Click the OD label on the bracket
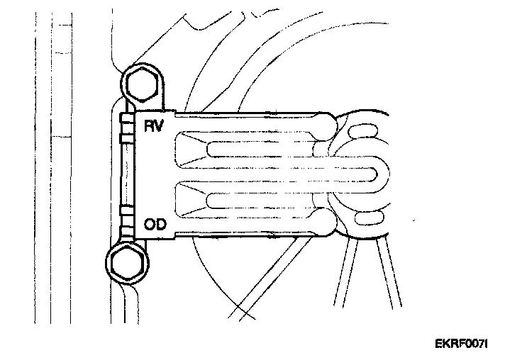click(155, 225)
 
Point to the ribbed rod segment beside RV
click(127, 128)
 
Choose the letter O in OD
click(149, 225)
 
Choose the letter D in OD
click(160, 225)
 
